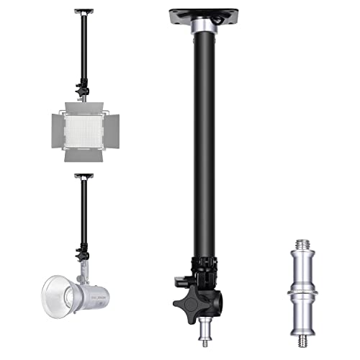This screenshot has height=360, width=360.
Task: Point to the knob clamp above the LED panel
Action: point(84,93)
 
